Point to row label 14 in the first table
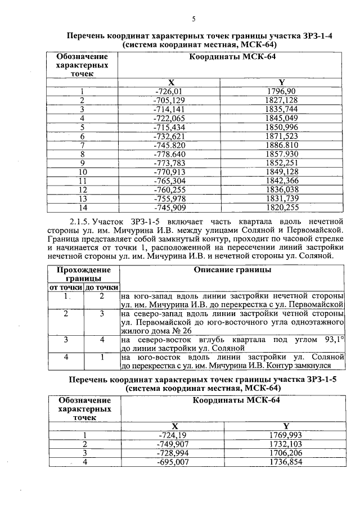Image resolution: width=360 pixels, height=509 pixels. pyautogui.click(x=82, y=207)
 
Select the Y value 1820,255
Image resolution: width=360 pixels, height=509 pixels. pyautogui.click(x=285, y=207)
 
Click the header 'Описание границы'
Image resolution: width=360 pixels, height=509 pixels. pyautogui.click(x=232, y=270)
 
